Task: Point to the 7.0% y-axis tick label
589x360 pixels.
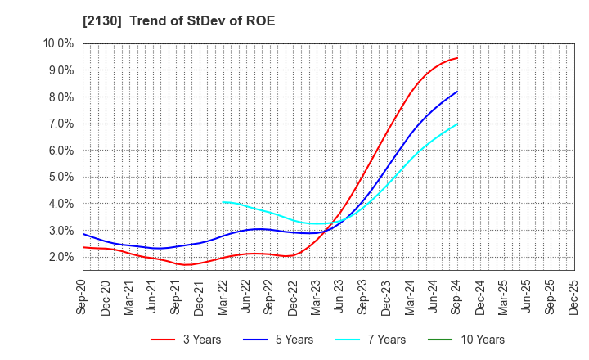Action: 61,124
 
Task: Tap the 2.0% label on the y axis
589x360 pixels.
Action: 61,257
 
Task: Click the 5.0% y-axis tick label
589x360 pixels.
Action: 61,177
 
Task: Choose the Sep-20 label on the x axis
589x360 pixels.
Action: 83,296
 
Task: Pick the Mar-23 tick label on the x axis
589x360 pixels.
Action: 317,296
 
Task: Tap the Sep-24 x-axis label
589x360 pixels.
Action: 457,296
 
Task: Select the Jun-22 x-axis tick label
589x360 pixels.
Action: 247,296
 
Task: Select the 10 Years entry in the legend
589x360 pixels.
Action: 482,340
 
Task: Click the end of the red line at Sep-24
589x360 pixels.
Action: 457,58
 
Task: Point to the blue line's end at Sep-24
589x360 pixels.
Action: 457,92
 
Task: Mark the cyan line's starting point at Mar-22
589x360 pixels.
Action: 223,202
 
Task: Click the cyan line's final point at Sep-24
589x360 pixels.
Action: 457,124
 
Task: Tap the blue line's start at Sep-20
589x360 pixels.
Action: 83,234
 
